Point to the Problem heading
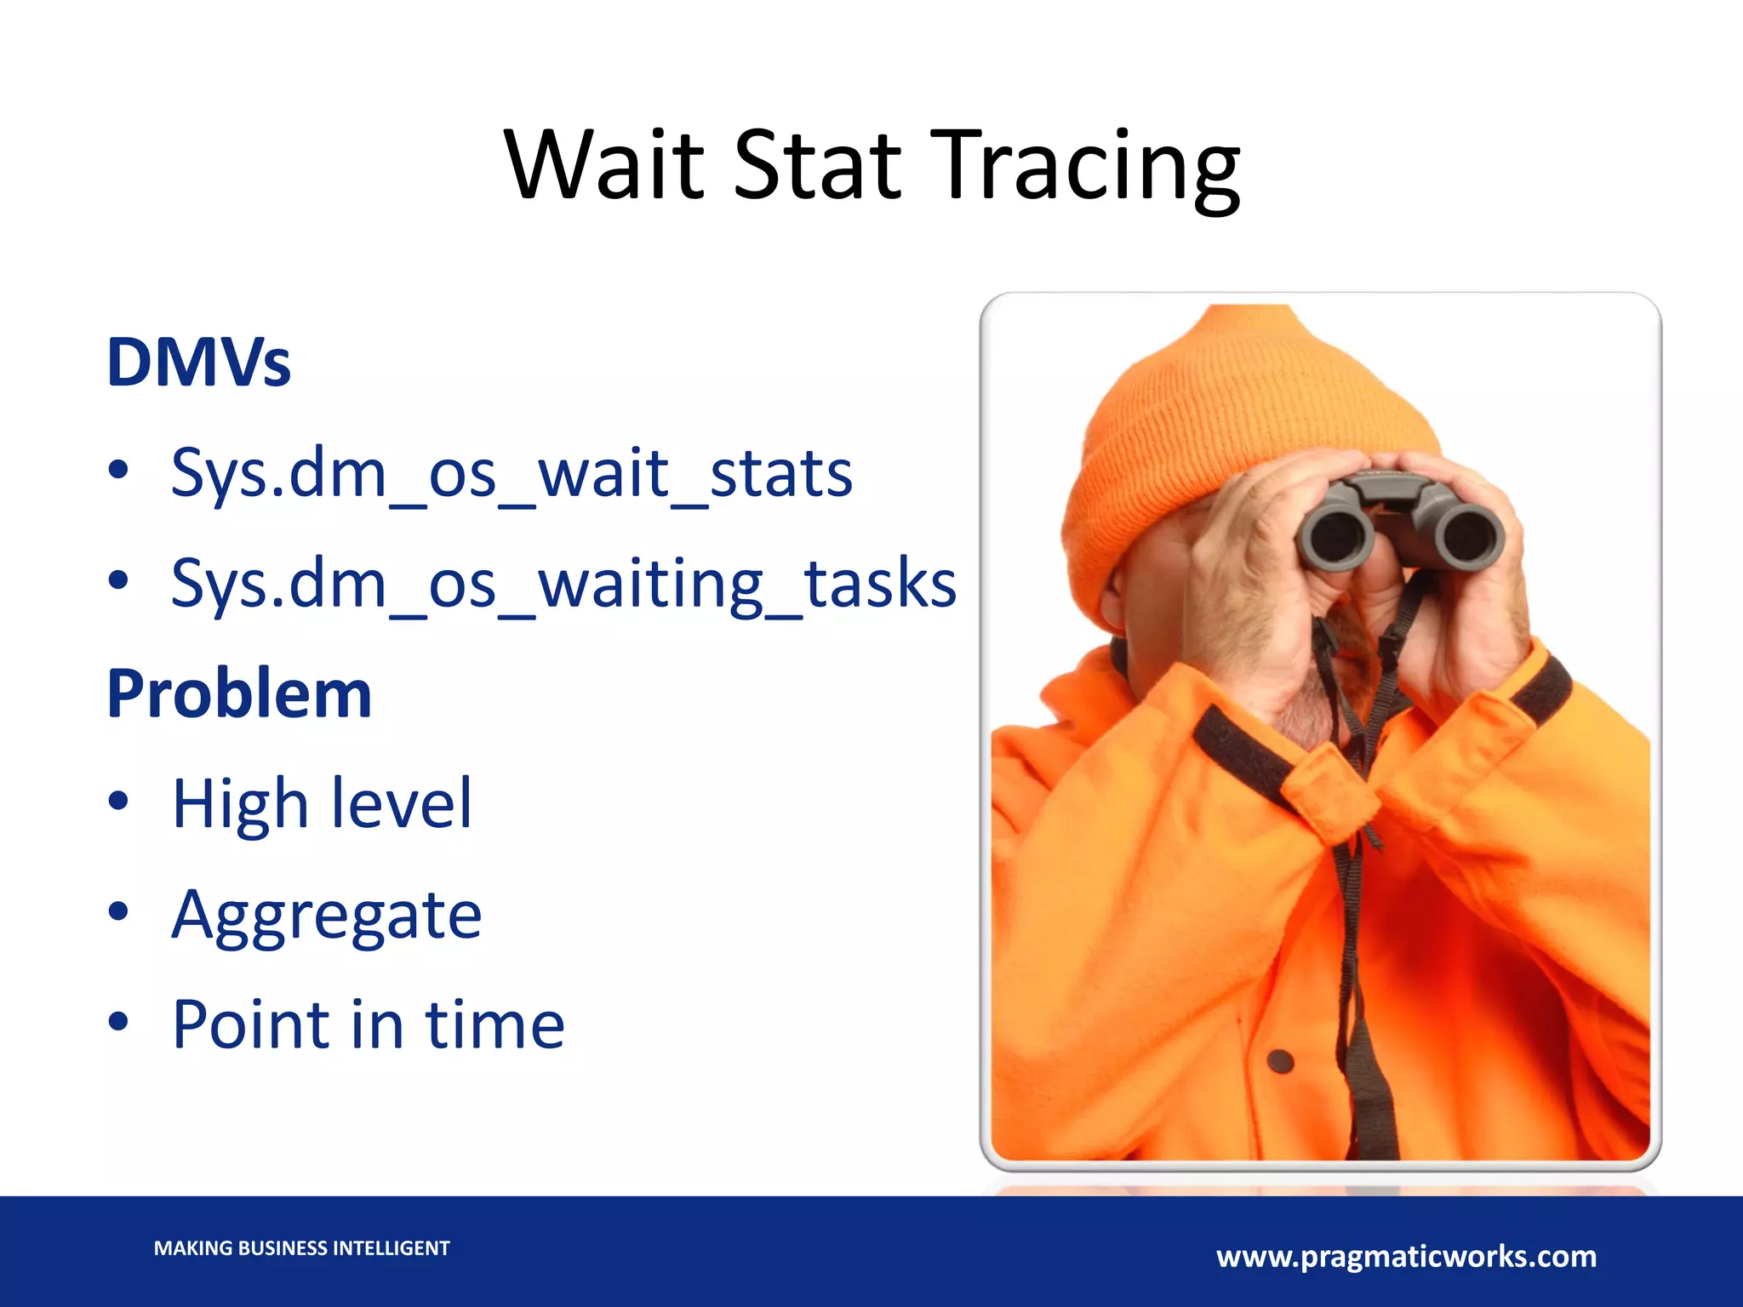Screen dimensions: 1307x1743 pyautogui.click(x=239, y=694)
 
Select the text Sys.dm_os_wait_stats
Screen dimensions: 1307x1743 pyautogui.click(x=511, y=473)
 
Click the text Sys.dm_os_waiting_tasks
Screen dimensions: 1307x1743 pyautogui.click(x=563, y=584)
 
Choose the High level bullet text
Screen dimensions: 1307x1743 pyautogui.click(x=322, y=803)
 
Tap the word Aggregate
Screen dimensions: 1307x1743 pyautogui.click(x=327, y=915)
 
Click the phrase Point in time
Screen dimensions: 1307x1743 pyautogui.click(x=368, y=1024)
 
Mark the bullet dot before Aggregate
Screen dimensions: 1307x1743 pyautogui.click(x=118, y=910)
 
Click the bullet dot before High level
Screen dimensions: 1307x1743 pyautogui.click(x=118, y=801)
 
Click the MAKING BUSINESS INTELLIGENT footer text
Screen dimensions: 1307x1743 pyautogui.click(x=301, y=1248)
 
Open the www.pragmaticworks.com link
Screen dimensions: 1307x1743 pyautogui.click(x=1406, y=1257)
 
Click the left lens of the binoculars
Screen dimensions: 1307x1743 pyautogui.click(x=1334, y=535)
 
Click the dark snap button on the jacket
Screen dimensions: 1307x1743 pyautogui.click(x=1280, y=1061)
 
